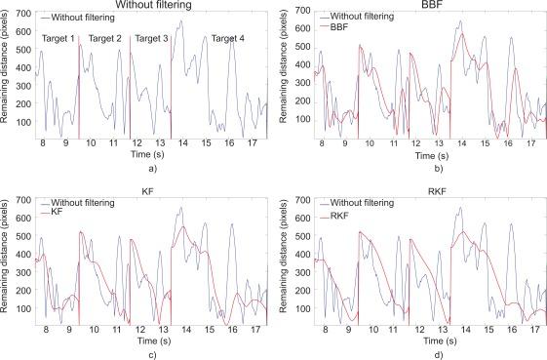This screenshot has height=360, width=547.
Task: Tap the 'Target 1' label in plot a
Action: click(x=59, y=38)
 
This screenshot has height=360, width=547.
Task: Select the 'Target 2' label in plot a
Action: click(x=105, y=38)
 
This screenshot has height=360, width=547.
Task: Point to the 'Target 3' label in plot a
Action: click(x=152, y=38)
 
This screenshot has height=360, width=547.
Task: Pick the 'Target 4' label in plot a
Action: click(x=228, y=38)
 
